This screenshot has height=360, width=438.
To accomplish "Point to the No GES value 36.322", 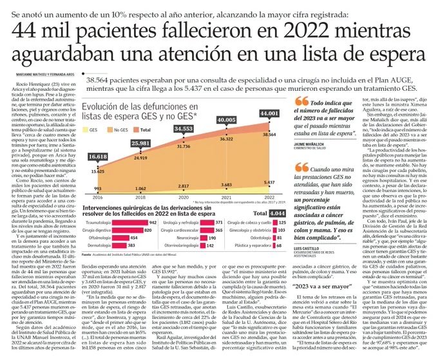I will click(226, 138).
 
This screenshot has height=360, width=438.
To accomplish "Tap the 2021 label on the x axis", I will click(226, 196).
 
